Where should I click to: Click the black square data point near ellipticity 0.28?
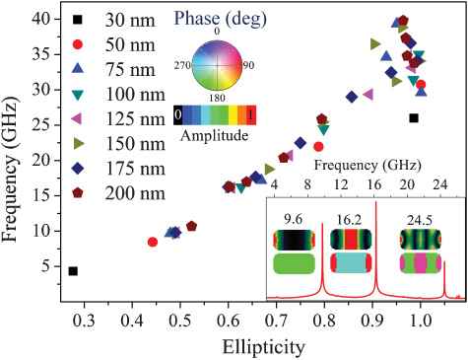[73, 271]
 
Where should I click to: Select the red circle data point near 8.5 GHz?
[153, 242]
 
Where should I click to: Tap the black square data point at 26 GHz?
[414, 118]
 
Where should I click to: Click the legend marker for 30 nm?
[77, 20]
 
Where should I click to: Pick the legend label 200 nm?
[135, 193]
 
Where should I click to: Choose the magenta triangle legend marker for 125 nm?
[77, 118]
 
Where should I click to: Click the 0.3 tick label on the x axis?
[84, 321]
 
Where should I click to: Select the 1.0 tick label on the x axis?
[420, 321]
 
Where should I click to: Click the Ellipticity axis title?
[264, 347]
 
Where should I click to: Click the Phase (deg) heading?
[220, 19]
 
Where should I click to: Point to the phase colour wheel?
[217, 65]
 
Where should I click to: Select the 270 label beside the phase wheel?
[182, 65]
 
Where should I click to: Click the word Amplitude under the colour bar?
[214, 135]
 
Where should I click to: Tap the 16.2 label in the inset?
[349, 220]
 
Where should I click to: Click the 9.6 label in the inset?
[294, 219]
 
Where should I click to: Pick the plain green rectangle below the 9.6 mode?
[294, 263]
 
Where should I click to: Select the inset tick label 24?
[439, 184]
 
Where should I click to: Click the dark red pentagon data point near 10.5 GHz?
[191, 226]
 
